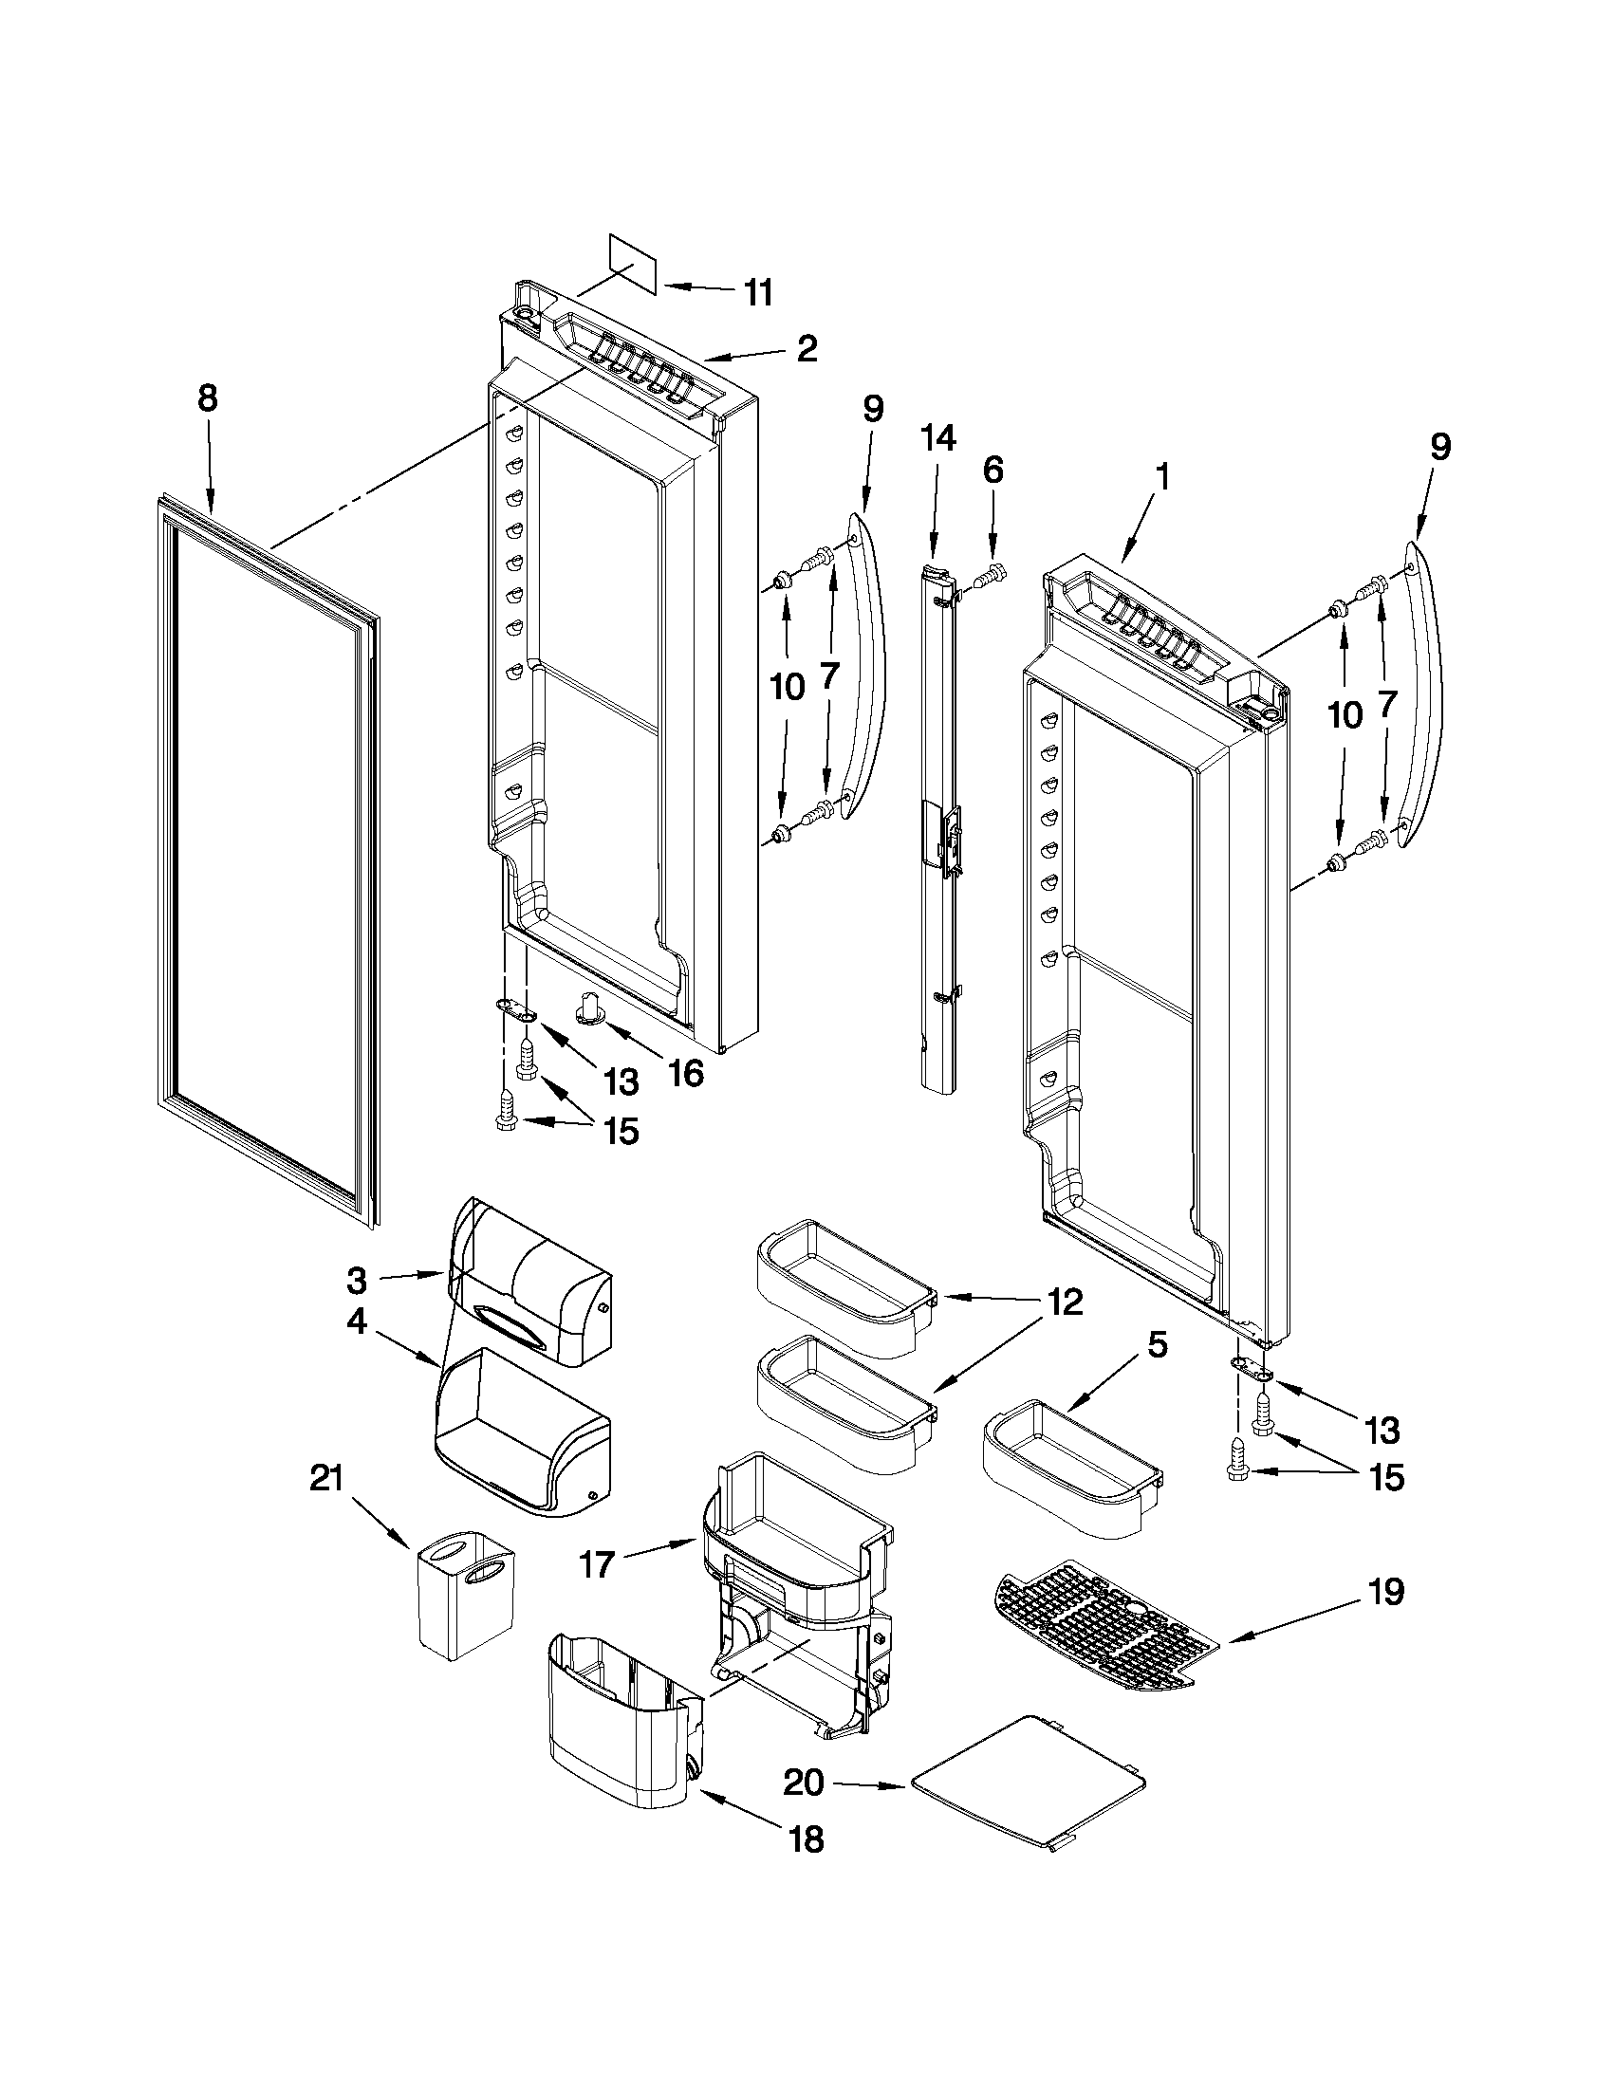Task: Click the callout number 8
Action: (208, 397)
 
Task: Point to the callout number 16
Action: (685, 1074)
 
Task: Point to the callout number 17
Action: (598, 1567)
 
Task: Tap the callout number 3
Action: (356, 1278)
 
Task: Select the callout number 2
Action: (807, 349)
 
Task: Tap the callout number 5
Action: (1156, 1345)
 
